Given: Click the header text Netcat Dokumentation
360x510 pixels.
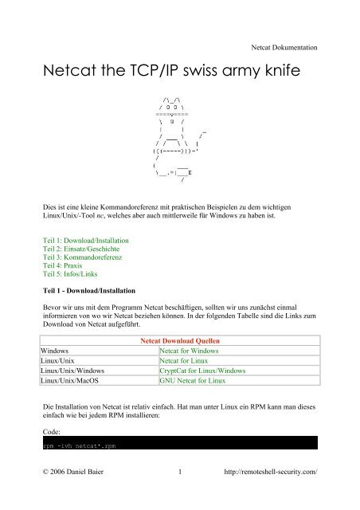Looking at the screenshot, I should pyautogui.click(x=284, y=48).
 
